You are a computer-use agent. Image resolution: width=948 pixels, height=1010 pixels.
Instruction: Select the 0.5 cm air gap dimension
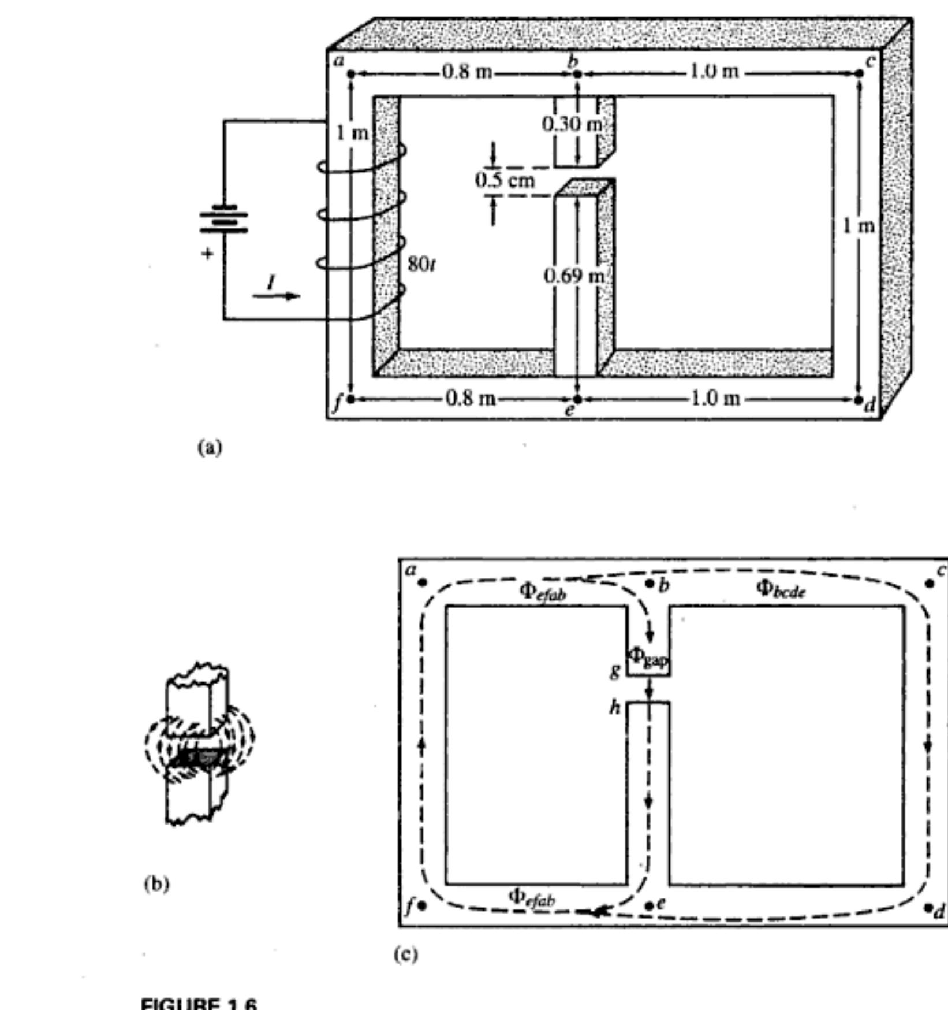505,180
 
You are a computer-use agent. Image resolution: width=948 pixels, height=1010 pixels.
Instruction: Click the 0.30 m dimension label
572,124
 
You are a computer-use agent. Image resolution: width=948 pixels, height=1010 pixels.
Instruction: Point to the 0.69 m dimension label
574,276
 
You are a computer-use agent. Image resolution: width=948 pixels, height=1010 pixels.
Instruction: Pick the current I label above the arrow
271,282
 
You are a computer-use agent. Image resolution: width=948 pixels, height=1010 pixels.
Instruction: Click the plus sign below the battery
207,253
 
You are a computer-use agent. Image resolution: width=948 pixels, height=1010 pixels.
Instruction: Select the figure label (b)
156,884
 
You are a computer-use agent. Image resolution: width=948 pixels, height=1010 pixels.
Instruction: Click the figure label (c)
406,955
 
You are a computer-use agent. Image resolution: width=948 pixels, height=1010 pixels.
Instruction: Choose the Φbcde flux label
781,589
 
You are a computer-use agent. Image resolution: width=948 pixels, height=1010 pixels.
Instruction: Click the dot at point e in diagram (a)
577,399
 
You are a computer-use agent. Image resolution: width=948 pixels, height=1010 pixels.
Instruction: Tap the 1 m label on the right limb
859,226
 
